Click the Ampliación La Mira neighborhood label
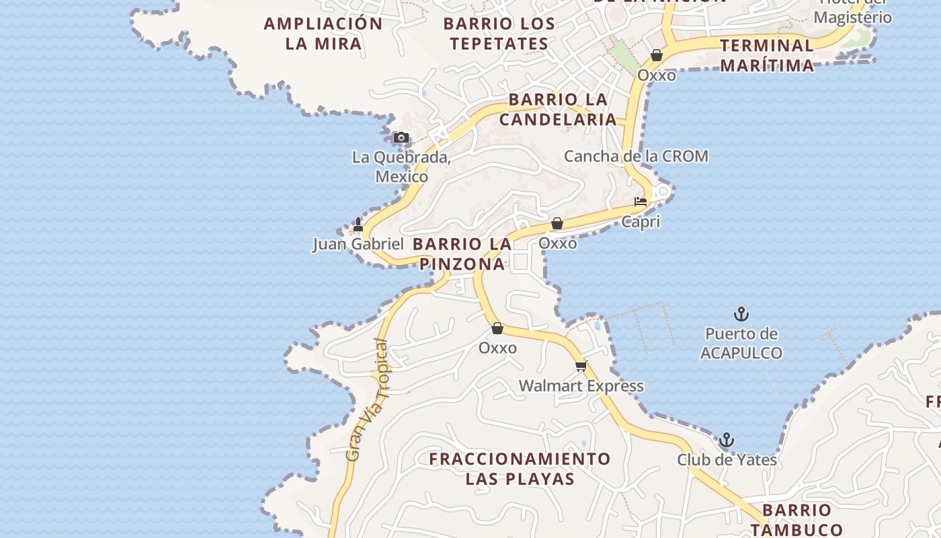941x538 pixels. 323,34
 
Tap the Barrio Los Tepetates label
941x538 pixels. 499,34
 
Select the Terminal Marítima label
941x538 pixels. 767,55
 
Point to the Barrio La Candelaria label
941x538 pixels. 558,110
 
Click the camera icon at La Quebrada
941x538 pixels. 401,138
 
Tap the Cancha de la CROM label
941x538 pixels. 636,157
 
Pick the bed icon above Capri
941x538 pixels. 641,202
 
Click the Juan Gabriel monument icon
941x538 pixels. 358,225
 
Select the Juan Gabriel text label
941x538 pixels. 358,244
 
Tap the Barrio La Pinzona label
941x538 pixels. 462,254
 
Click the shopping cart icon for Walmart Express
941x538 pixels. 581,367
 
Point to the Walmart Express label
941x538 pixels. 581,386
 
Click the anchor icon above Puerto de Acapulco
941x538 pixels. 741,314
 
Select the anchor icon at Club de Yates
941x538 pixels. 726,440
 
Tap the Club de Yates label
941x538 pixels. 727,460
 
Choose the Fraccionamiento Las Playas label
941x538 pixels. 520,469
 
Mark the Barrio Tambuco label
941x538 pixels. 797,519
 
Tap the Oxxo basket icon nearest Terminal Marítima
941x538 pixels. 657,55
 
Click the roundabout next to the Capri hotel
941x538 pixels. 663,193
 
